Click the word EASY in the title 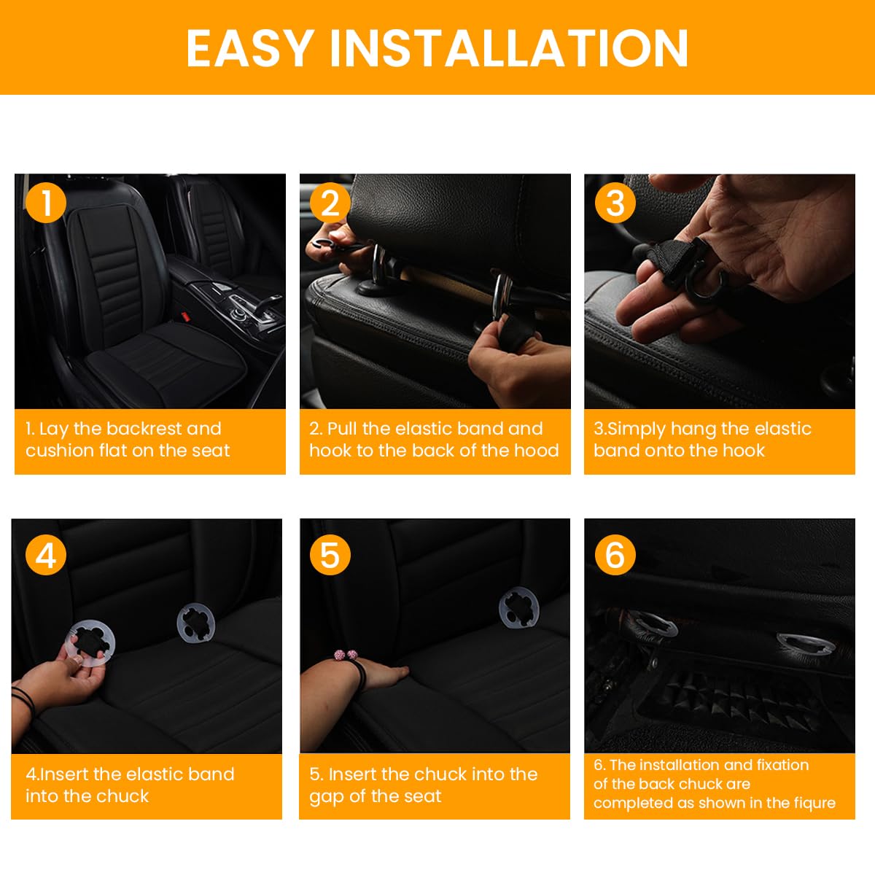click(x=250, y=48)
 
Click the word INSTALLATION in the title click(x=509, y=48)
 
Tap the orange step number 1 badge click(x=46, y=203)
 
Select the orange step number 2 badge click(x=330, y=203)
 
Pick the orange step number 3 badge click(x=615, y=203)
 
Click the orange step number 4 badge click(x=46, y=556)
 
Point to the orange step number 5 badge click(x=330, y=556)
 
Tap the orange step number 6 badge click(x=615, y=556)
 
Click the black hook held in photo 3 click(x=704, y=281)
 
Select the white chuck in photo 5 click(x=518, y=608)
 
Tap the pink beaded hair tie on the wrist click(x=345, y=656)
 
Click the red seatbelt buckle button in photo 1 click(x=185, y=317)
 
